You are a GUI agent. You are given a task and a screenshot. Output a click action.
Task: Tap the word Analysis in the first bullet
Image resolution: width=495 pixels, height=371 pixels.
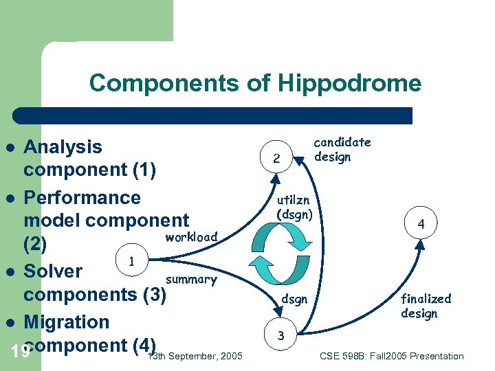pos(63,147)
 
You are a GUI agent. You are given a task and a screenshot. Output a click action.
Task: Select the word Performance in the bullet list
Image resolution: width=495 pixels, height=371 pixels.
pos(82,198)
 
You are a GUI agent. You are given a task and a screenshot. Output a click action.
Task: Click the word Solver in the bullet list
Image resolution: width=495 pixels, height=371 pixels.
pos(53,271)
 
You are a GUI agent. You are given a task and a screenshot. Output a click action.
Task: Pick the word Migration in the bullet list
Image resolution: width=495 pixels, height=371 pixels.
pos(66,322)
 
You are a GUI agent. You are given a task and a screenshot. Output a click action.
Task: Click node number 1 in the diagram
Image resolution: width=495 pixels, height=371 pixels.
pos(130,260)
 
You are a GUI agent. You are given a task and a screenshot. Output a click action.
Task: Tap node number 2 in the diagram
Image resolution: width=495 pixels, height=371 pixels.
pos(276,159)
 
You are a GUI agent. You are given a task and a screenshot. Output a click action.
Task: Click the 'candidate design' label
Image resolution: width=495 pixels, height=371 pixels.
pos(342,149)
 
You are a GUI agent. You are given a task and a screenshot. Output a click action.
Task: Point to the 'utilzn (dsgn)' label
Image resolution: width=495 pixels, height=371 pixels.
pos(294,207)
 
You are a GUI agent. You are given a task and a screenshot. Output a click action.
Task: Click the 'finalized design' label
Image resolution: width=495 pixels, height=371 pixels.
pos(426,306)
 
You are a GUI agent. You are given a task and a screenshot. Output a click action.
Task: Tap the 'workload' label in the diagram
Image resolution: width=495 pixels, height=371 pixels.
pos(191,236)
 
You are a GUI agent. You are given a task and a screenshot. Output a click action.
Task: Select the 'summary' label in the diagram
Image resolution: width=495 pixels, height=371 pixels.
pos(191,279)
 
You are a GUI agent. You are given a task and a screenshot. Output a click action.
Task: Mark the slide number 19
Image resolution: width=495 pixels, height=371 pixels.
pos(21,352)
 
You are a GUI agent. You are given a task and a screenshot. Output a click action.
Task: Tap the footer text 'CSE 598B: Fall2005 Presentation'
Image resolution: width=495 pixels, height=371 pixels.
pos(392,356)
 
